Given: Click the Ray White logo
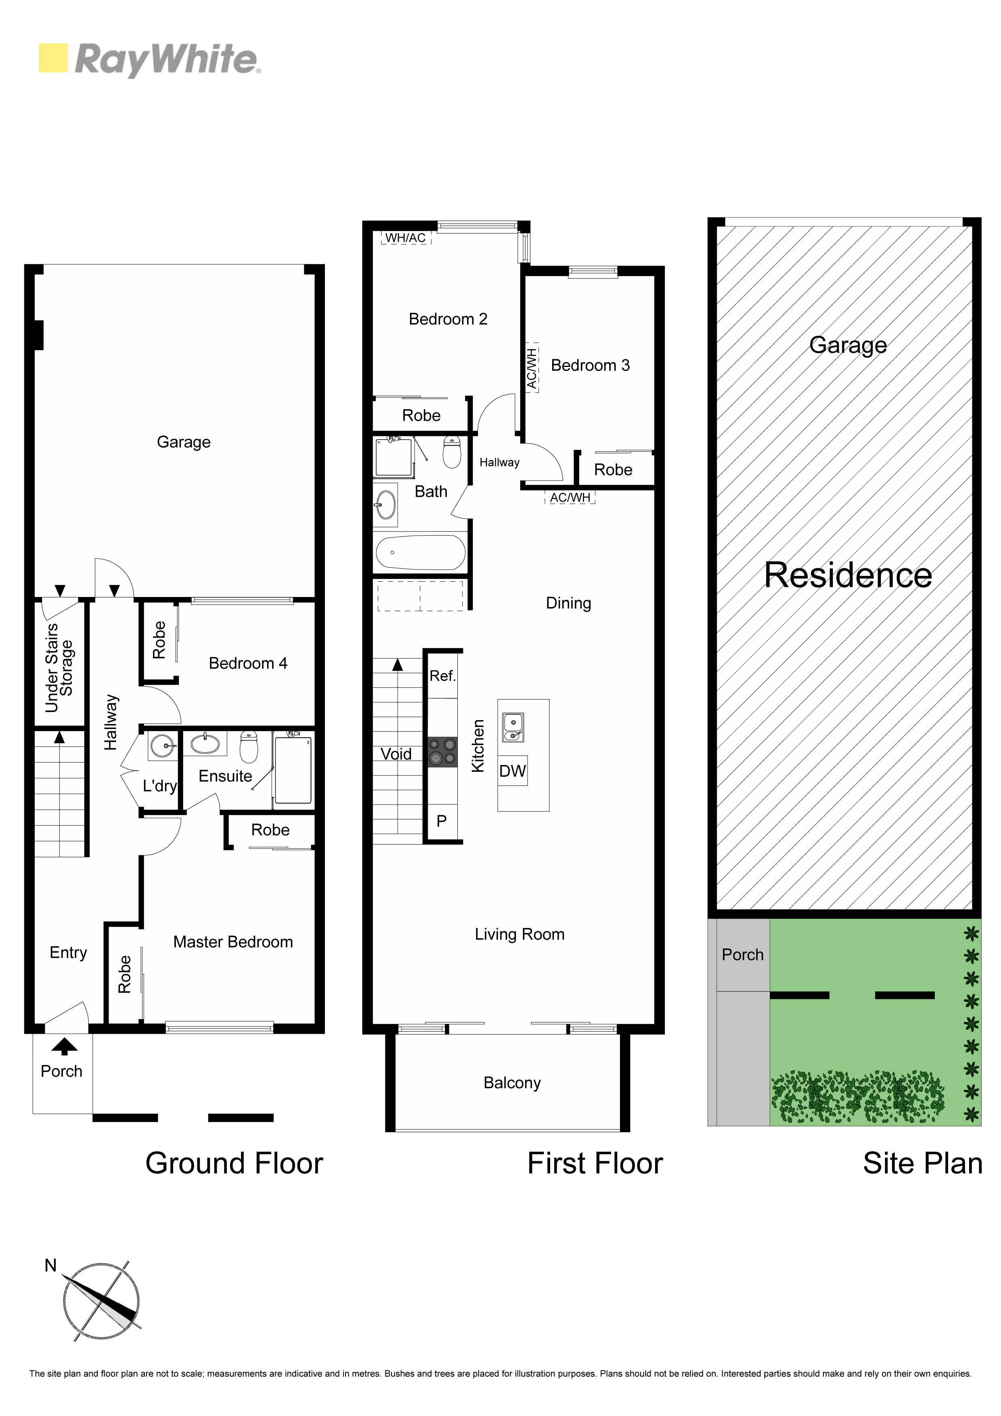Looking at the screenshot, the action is [149, 60].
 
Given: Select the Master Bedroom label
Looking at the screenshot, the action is [233, 942].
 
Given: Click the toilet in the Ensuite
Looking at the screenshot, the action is [249, 746].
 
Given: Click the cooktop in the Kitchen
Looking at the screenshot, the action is [443, 752].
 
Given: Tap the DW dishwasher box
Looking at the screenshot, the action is [513, 771].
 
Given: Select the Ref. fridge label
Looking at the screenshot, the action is [442, 676].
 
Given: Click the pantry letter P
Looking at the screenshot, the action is [442, 821].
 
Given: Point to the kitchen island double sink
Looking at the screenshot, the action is [513, 727].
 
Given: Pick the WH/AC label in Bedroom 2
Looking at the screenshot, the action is [405, 237].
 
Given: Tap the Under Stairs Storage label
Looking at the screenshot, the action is [59, 668].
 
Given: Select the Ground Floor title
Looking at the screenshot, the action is [235, 1164].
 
